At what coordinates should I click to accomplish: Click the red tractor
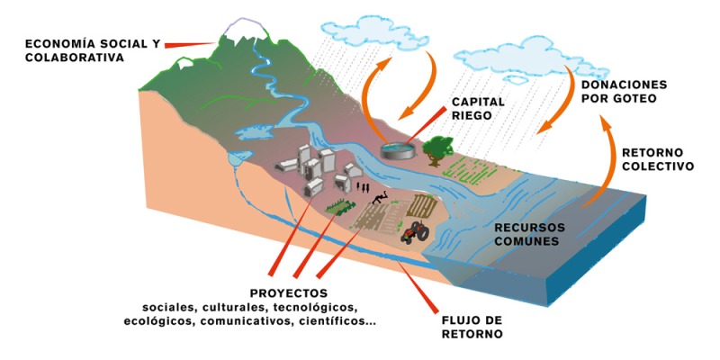point(415,232)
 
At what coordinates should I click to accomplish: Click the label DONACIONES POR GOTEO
point(625,91)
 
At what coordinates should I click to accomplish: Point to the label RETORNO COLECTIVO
point(657,159)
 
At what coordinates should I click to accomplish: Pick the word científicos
point(330,320)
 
